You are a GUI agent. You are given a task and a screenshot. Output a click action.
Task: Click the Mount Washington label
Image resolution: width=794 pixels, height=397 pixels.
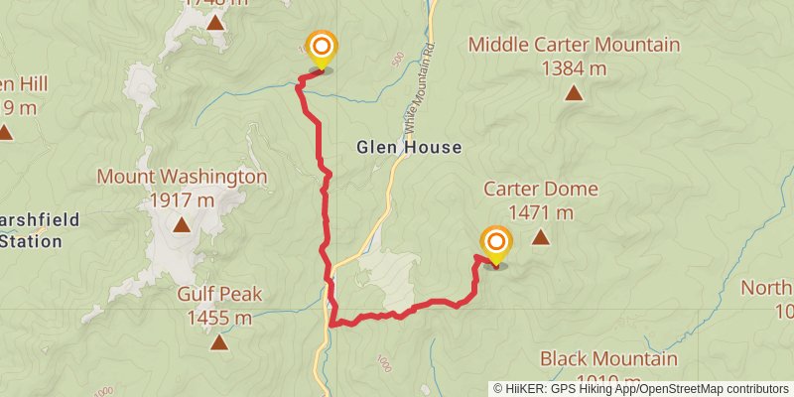[x=182, y=178]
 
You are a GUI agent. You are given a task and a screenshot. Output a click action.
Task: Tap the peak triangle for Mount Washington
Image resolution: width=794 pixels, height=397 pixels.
[x=182, y=225]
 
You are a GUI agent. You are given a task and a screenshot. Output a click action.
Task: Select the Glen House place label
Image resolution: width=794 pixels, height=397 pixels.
[x=409, y=148]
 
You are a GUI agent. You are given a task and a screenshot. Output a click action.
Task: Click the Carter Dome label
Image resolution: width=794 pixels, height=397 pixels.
[x=528, y=189]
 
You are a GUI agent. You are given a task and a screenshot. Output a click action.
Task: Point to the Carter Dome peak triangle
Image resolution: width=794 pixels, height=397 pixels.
[x=540, y=237]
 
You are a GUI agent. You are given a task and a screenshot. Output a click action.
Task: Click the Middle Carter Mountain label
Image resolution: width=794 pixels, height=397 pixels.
[x=574, y=45]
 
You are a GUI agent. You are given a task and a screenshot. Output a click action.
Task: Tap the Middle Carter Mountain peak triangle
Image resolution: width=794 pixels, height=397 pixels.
[x=573, y=93]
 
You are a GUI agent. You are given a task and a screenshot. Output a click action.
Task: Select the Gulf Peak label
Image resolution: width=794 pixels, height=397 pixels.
[x=220, y=294]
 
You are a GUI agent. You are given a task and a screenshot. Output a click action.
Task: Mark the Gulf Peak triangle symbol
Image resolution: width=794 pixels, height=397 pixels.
[x=219, y=343]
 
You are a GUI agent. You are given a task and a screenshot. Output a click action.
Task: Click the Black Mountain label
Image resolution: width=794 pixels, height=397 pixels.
[x=608, y=359]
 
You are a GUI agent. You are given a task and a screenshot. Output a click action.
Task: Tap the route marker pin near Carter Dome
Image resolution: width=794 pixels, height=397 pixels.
[x=495, y=245]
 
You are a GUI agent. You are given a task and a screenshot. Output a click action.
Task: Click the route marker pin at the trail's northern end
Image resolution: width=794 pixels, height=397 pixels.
[x=321, y=50]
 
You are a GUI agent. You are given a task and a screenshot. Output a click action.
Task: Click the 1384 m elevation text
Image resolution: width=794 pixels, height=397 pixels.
[x=574, y=68]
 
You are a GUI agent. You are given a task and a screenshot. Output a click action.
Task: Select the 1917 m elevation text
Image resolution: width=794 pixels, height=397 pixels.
[x=182, y=200]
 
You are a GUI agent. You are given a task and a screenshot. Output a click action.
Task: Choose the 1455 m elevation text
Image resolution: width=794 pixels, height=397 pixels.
[x=219, y=318]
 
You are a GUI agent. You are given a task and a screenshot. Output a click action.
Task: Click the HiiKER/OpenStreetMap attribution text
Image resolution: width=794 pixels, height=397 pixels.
[x=641, y=389]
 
